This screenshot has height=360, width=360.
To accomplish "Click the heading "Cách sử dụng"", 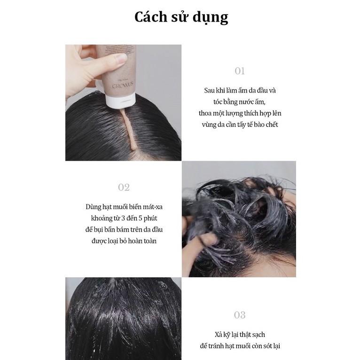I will point(181,17).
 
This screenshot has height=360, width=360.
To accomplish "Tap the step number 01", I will point(240,71).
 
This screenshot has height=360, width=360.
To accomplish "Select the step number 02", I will point(124,188).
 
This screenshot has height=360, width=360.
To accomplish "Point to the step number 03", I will point(240,315).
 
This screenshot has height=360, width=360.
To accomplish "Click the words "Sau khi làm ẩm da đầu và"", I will point(240,90).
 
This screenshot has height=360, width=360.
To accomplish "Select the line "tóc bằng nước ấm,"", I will point(240,102).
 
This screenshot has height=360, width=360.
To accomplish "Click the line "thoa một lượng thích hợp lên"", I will point(240,113).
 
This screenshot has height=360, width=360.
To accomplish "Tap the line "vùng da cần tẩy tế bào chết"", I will point(240,125).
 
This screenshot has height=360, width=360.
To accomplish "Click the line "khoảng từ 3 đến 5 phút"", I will point(124,218).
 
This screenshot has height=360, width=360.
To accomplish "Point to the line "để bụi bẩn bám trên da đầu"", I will point(124,229).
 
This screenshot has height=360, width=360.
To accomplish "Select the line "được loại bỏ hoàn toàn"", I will point(124,241).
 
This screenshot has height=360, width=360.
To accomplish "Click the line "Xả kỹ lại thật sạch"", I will point(240,335).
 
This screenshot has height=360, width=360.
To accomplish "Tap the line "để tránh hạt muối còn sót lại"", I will point(240,346).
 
